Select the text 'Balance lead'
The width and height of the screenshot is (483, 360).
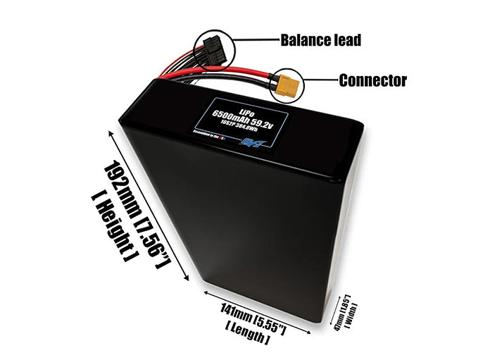click(321, 40)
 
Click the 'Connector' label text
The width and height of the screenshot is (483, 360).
click(372, 80)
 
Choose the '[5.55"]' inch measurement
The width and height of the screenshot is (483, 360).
click(271, 318)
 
